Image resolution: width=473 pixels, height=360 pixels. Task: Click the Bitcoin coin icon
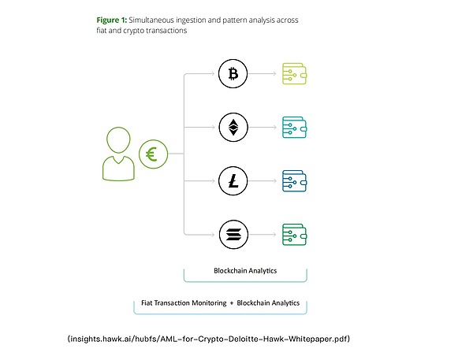[x=233, y=75]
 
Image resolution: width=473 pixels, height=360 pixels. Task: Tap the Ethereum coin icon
[x=233, y=127]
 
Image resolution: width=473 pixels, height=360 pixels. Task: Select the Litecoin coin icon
[x=233, y=180]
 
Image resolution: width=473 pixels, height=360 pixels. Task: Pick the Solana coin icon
[x=233, y=232]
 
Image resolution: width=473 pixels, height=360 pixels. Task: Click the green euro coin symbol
[x=151, y=155]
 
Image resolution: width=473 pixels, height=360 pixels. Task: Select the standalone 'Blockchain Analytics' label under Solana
[x=244, y=270]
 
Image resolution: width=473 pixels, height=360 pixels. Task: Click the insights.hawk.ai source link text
[x=209, y=339]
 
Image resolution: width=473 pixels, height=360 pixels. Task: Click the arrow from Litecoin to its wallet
[x=263, y=180]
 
